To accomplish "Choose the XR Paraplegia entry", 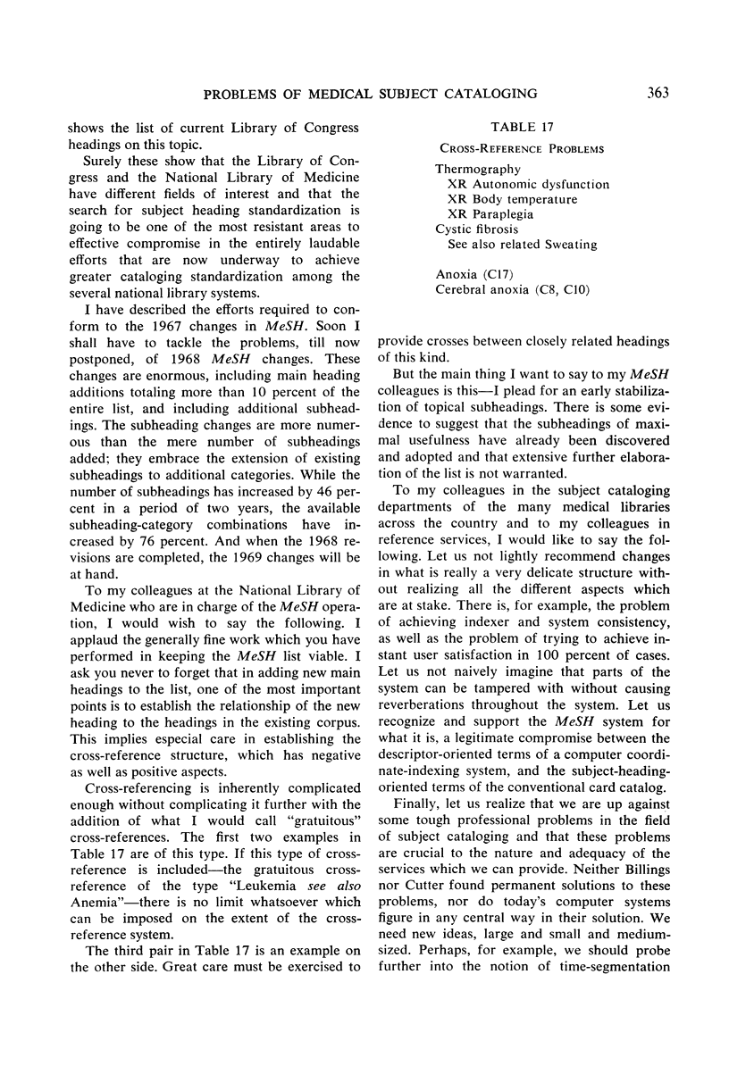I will (x=490, y=214).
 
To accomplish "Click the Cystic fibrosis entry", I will (x=476, y=229).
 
